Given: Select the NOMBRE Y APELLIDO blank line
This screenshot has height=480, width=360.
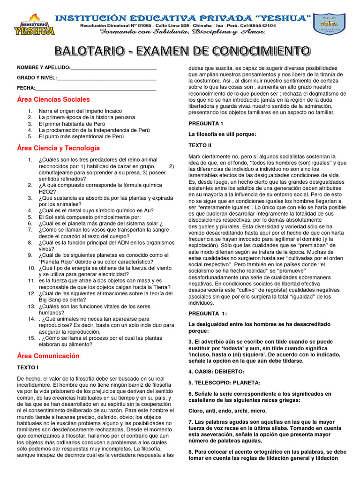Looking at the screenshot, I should [113, 68].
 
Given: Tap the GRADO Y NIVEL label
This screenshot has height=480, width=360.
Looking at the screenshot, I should [37, 78].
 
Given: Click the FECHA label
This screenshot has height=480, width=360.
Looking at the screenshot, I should [26, 88].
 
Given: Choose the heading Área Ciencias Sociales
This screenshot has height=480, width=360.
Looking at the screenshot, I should [53, 99].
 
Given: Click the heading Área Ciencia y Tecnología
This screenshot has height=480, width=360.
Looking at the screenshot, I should [58, 148].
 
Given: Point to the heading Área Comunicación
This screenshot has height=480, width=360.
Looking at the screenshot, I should [48, 356].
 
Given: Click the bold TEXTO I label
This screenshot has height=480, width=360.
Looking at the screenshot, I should [28, 367].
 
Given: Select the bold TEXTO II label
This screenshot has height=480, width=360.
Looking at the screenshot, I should [200, 145].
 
